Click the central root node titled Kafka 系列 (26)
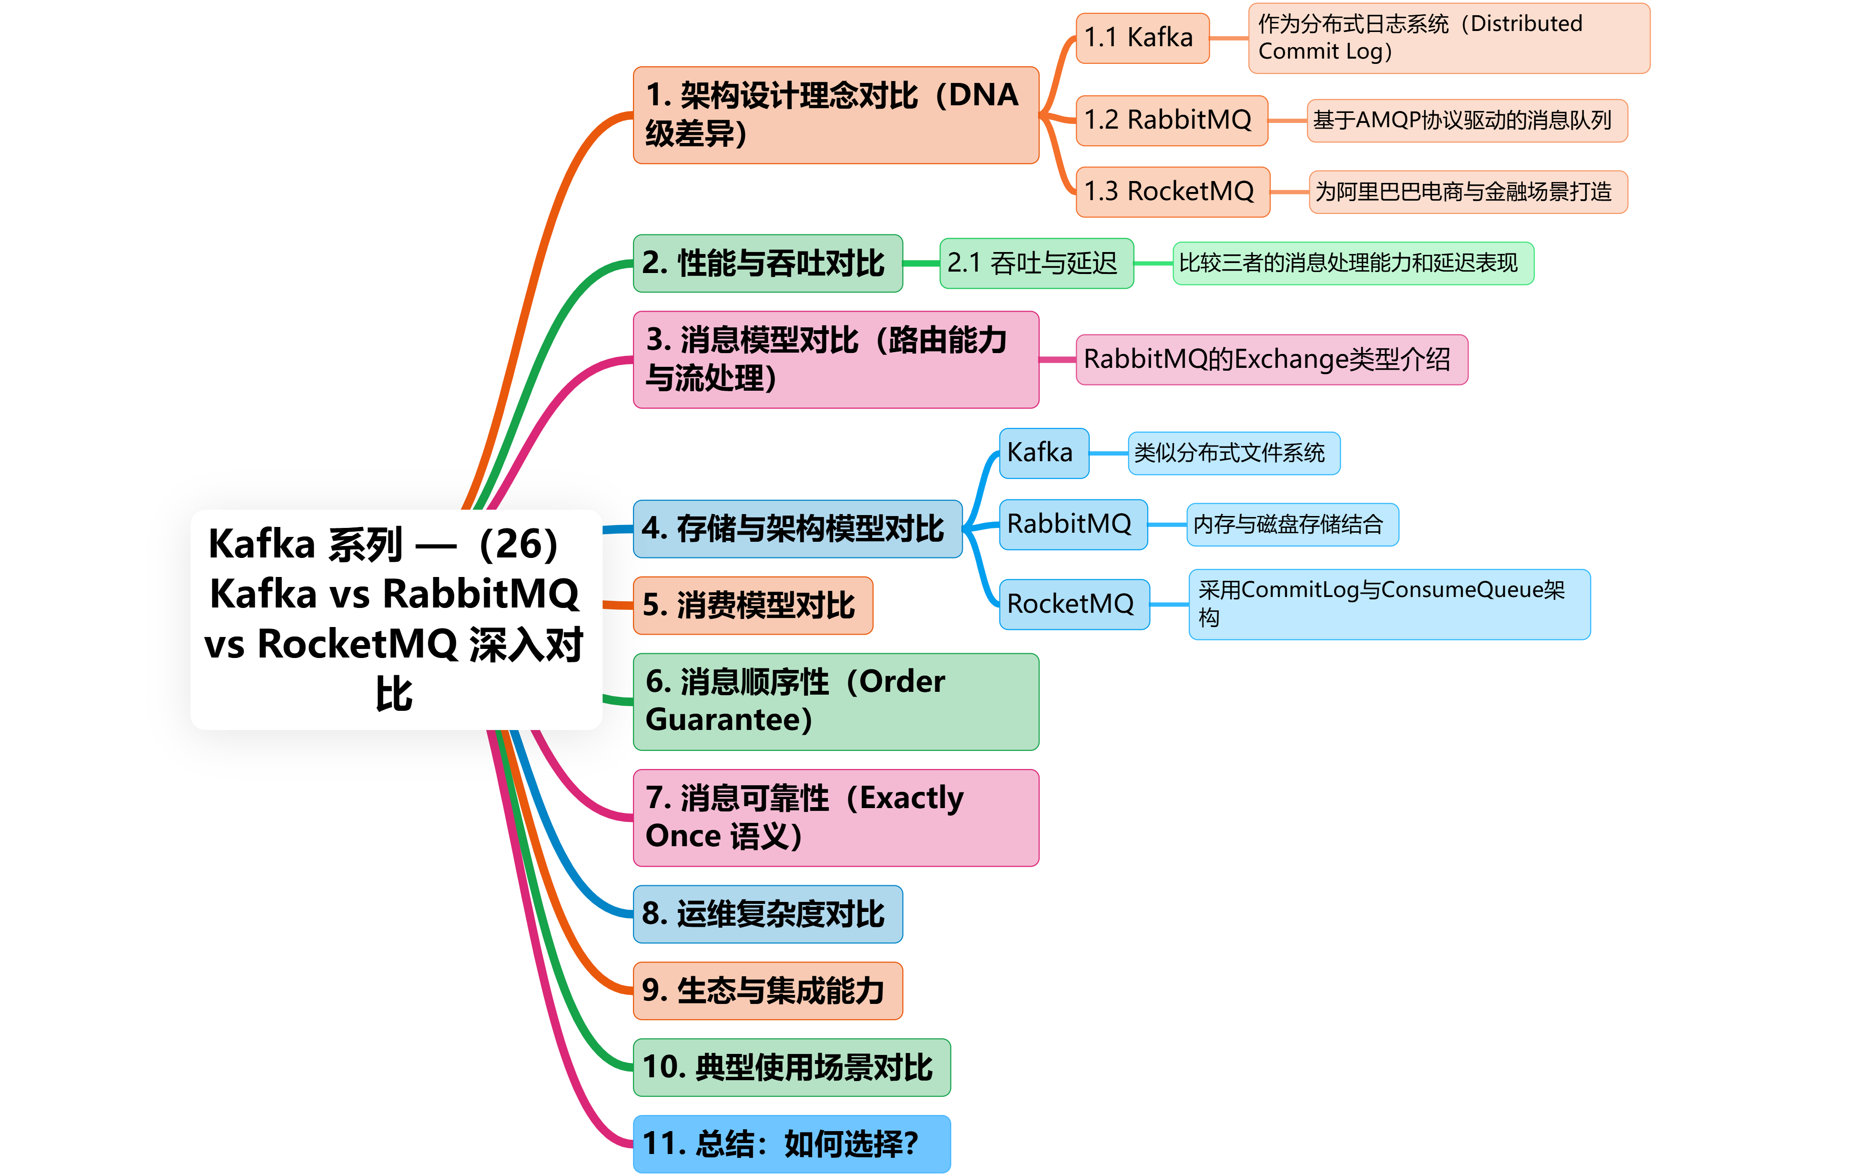pos(396,619)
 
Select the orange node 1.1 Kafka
pos(1142,37)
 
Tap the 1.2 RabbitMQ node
pos(1171,121)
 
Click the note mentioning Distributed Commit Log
pos(1448,38)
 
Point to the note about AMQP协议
pos(1466,121)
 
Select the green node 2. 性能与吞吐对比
pos(767,263)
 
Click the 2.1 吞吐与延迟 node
pos(1036,263)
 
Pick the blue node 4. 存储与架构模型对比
pos(796,529)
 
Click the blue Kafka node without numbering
pos(1043,453)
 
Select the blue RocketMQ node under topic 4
pos(1073,604)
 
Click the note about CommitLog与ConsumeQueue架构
pos(1388,604)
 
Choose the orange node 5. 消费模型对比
pos(752,606)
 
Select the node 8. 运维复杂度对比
pos(767,914)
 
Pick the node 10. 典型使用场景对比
pos(790,1068)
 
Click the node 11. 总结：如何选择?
pos(790,1144)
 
